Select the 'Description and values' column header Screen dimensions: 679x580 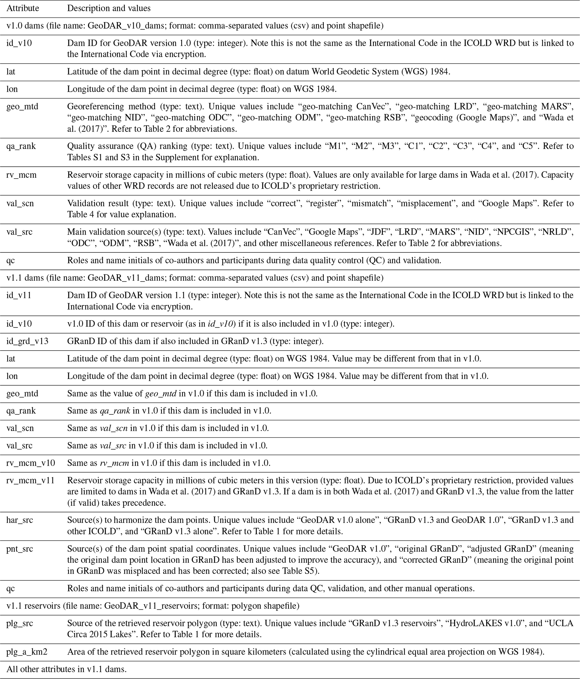tap(109, 8)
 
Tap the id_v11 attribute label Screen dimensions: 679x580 tap(19, 295)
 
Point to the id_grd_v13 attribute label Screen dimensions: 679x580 tap(27, 341)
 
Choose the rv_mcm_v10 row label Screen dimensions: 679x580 tap(31, 463)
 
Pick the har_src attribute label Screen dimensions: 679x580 tap(19, 520)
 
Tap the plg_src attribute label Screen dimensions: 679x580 tap(19, 623)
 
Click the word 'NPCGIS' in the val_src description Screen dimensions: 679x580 tap(514, 232)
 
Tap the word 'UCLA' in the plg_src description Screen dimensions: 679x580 tap(562, 623)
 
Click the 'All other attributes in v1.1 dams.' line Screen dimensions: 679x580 tap(67, 669)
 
